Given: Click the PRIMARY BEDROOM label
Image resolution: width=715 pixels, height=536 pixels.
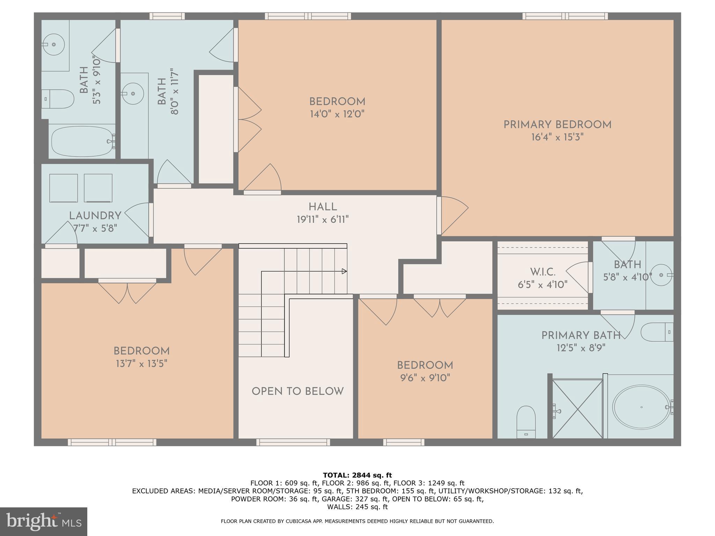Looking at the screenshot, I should tap(557, 125).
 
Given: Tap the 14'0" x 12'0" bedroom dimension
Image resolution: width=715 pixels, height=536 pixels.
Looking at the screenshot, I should tap(337, 114).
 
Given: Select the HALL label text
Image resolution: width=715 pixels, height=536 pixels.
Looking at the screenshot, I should tap(323, 207).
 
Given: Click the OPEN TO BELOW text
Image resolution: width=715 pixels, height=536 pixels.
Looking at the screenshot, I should tap(297, 392).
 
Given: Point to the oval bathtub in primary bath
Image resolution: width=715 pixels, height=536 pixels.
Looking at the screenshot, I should tap(642, 407).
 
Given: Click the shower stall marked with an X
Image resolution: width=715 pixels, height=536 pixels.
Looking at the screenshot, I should tap(577, 409).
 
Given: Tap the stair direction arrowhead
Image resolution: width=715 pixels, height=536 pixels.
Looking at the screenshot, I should tap(344, 271).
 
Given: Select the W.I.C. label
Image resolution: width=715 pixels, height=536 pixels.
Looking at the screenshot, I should tap(543, 272).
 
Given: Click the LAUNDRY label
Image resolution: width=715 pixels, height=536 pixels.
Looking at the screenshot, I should tap(95, 216).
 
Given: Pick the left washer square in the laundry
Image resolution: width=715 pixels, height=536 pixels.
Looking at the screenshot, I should tap(64, 188).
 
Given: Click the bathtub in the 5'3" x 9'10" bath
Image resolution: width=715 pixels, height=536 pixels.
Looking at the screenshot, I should tap(83, 141).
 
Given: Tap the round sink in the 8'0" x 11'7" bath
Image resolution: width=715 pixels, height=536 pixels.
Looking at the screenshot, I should tap(133, 94).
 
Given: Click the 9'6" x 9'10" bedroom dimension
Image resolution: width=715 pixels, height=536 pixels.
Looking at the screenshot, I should tap(425, 378).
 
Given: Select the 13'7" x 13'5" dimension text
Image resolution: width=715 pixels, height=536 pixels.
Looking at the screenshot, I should tap(141, 364).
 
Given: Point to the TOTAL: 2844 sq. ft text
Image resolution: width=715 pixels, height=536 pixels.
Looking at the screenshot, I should tap(357, 475).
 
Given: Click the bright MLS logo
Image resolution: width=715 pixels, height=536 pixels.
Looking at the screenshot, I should tap(44, 521).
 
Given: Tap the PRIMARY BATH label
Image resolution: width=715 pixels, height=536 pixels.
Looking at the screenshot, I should tap(581, 336).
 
